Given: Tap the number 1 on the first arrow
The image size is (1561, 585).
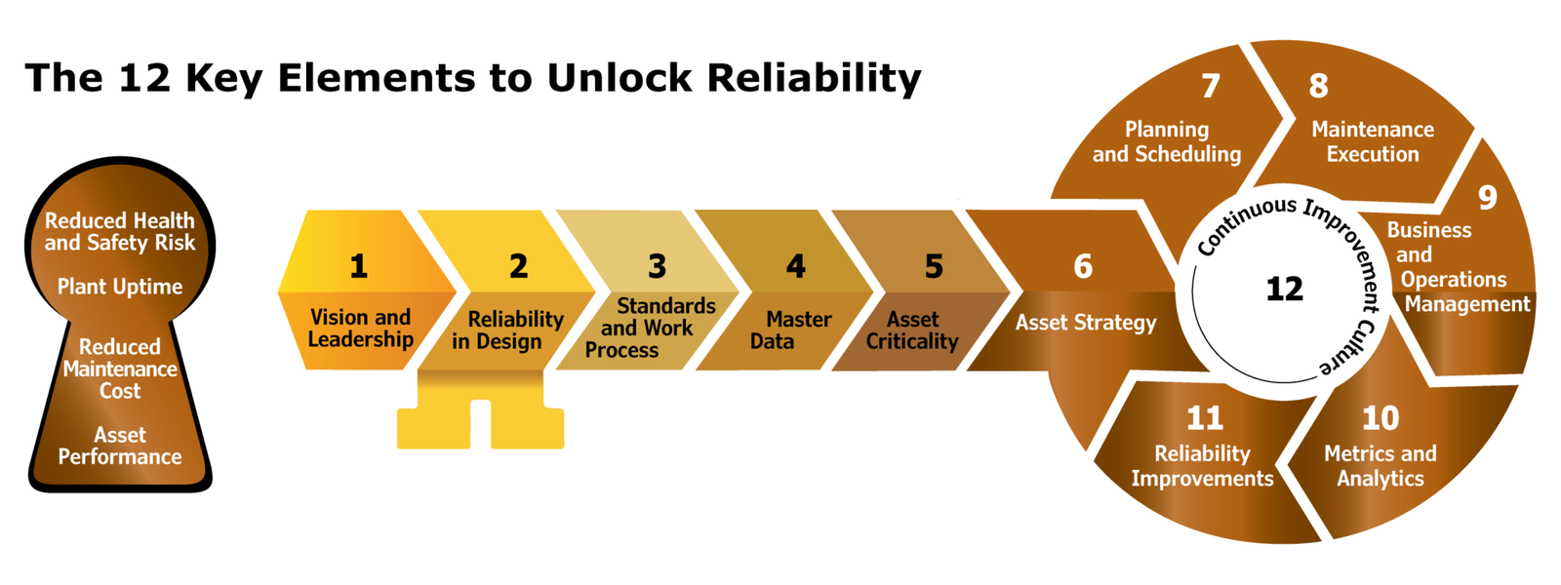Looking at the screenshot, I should pos(359,266).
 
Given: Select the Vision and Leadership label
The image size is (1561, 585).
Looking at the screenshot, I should pos(360,329).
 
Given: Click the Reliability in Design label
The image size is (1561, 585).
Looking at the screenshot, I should pos(507,331).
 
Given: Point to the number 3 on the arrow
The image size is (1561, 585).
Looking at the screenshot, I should pos(658,266).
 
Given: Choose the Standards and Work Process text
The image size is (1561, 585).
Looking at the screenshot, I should pos(649,329).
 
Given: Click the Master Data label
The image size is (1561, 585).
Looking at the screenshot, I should pos(790,331).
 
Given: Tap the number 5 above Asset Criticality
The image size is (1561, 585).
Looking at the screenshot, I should pos(934,266).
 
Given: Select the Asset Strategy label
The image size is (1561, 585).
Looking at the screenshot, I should pos(1085,323).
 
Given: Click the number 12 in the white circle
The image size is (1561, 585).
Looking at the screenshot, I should pos(1284,289).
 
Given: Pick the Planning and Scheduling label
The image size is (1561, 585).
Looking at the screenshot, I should pos(1166,141).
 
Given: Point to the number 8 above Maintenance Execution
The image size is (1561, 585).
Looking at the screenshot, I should pos(1318,86).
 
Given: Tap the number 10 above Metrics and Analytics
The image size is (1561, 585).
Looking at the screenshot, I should pos(1381,418).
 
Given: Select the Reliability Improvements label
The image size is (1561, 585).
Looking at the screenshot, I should pos(1202,466).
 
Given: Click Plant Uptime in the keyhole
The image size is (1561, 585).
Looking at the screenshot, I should pos(120,287).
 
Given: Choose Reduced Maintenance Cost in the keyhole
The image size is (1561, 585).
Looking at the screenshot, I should pos(120,369).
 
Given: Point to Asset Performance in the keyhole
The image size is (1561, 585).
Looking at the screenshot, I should pos(120,446).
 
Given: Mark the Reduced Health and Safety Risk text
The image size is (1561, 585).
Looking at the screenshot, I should pos(120,232).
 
